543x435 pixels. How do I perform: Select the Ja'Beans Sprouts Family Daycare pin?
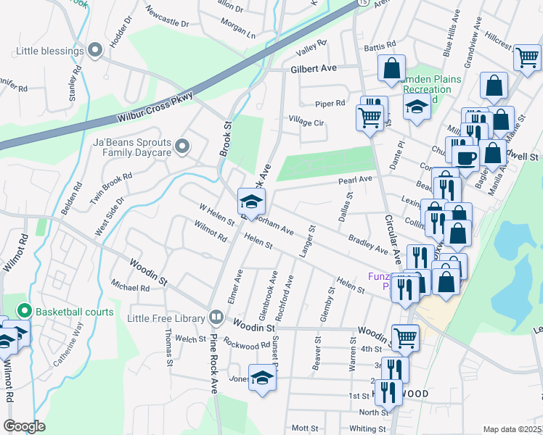(182, 147)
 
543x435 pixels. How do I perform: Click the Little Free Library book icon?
(216, 316)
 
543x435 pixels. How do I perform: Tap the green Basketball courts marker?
(24, 312)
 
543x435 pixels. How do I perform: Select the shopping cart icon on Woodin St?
(405, 336)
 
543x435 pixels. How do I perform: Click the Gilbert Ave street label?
(314, 68)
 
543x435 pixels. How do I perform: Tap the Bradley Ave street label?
(368, 244)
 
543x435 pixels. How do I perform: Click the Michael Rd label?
(131, 286)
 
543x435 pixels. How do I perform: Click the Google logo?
(24, 426)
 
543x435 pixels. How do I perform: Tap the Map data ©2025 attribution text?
(512, 429)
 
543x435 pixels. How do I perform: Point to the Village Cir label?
(306, 119)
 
